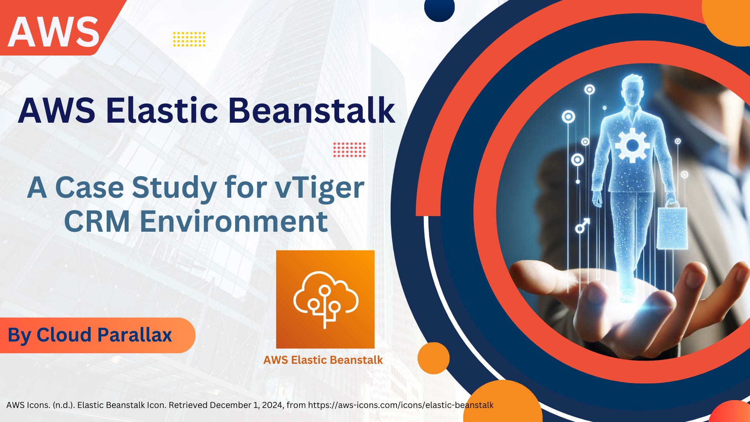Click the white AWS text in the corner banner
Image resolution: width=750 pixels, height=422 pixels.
point(54,31)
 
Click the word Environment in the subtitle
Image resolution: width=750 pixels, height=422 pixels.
point(234,222)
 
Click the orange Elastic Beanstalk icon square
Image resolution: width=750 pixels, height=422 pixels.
point(325,299)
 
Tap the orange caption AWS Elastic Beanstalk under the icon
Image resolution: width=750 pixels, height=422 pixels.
point(323,360)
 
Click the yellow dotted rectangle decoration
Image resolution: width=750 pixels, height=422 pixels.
point(189,39)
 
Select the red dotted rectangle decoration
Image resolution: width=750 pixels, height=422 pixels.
point(349,150)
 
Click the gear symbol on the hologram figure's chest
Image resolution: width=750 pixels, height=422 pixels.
point(632,145)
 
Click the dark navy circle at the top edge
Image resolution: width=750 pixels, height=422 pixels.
point(439,9)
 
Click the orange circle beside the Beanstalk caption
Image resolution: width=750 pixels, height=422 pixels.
point(433,358)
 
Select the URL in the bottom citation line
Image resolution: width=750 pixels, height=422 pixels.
point(401,405)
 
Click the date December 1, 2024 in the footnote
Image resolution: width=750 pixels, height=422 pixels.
point(246,405)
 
